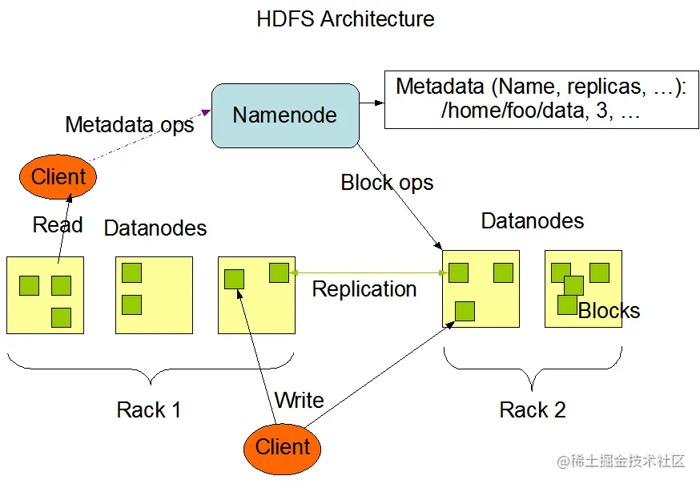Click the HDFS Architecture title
(345, 18)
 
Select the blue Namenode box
(284, 115)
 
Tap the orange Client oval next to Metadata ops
(58, 176)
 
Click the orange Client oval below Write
(282, 446)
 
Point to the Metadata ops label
(130, 125)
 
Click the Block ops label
(387, 183)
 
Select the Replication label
(364, 289)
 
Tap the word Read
(58, 225)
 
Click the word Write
(299, 400)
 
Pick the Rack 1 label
(149, 410)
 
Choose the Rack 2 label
(533, 410)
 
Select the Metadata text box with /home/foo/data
(536, 99)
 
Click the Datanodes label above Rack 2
(533, 221)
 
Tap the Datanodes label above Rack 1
(155, 228)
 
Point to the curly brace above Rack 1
(150, 368)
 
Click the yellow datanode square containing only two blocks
(154, 294)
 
